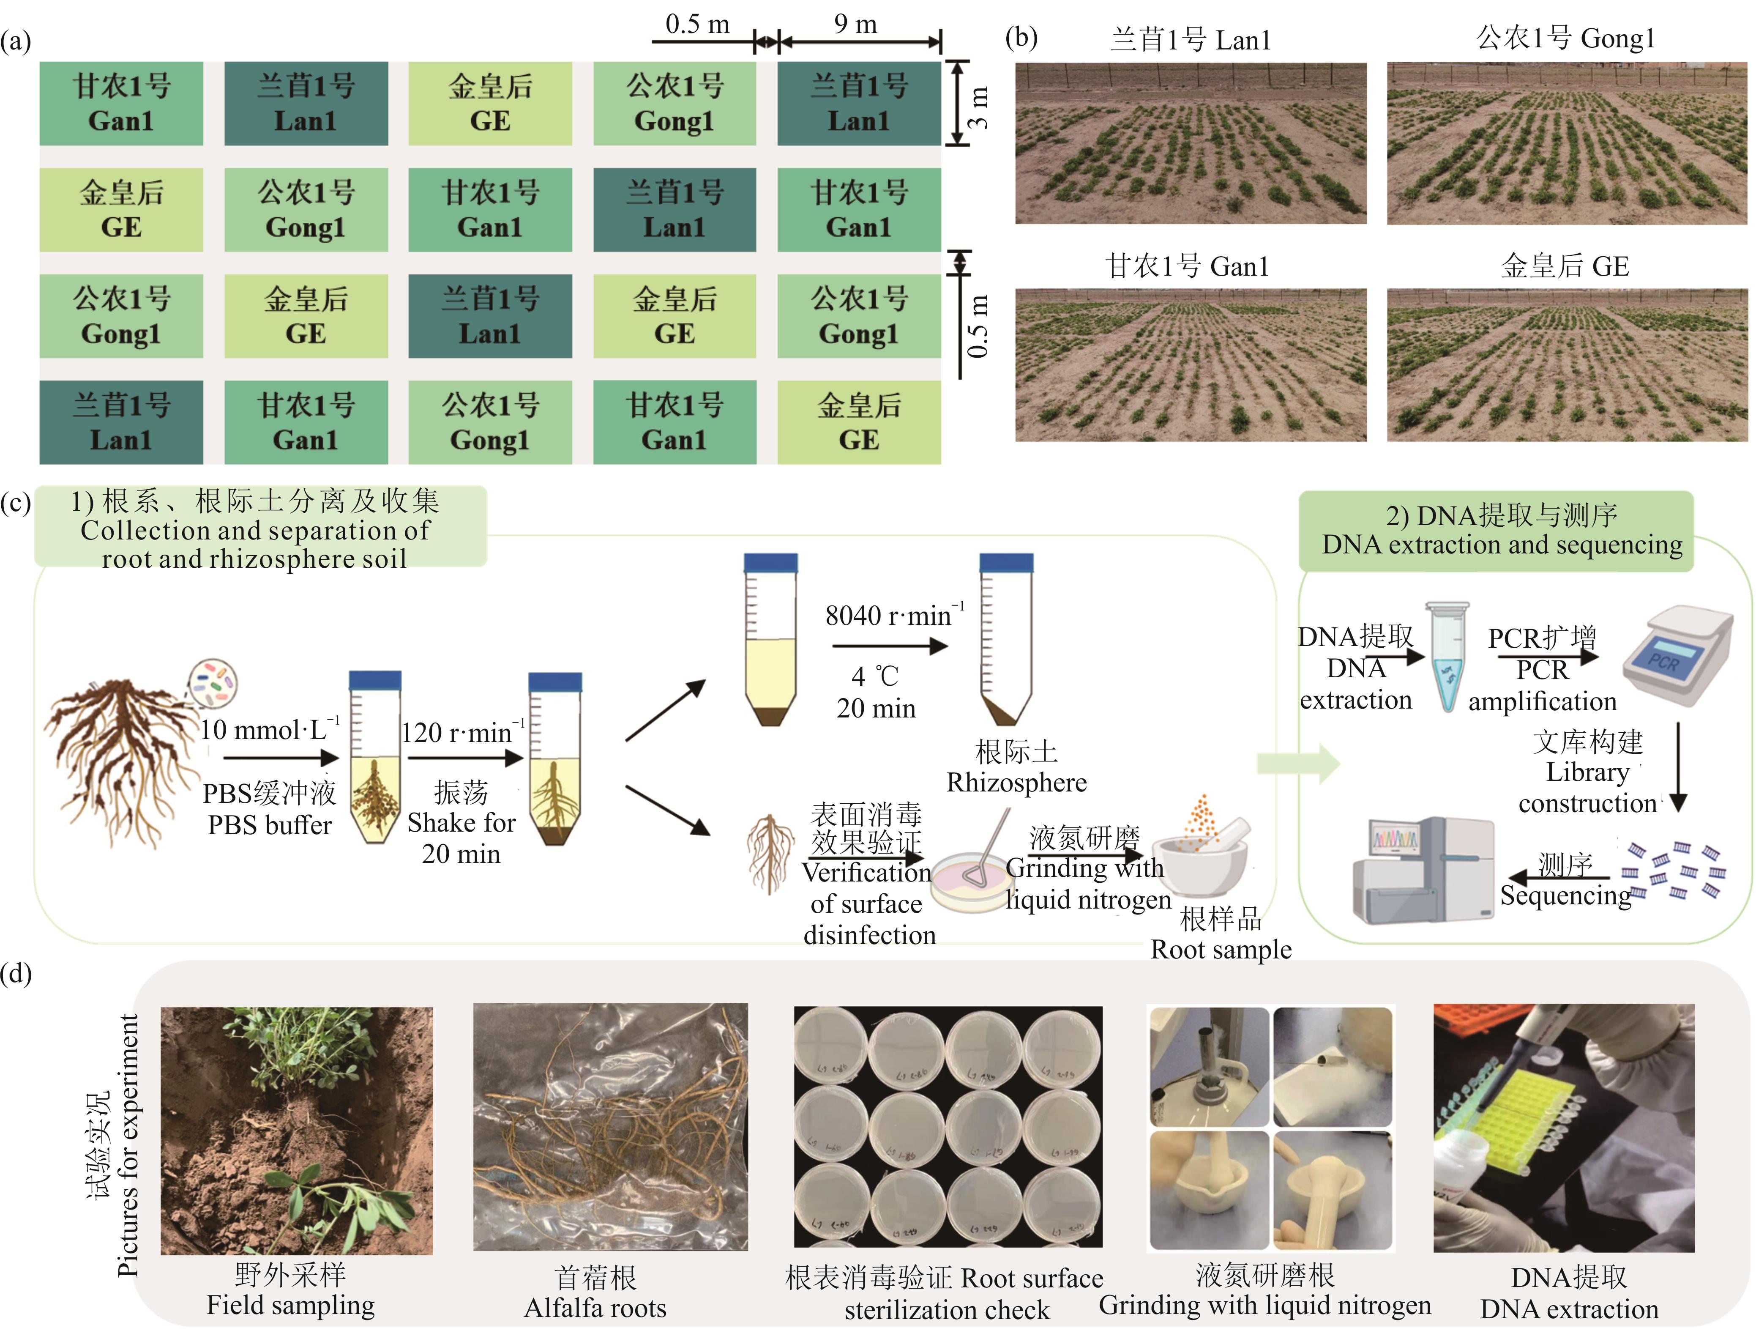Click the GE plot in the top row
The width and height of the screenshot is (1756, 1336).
(490, 104)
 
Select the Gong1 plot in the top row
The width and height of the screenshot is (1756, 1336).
(674, 104)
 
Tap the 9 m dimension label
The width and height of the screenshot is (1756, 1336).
(855, 24)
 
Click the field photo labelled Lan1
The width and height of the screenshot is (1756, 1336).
(1190, 143)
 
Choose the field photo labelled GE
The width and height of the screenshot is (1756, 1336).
(1566, 364)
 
